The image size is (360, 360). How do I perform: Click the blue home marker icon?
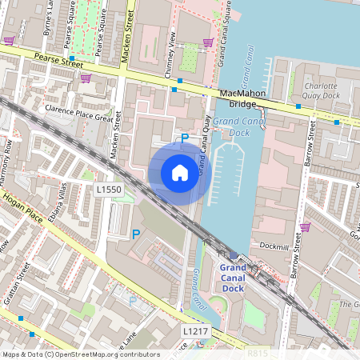[180, 172]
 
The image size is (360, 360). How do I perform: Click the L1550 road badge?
[108, 190]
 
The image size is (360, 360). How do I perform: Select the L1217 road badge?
[195, 330]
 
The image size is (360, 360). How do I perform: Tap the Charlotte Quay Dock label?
[322, 89]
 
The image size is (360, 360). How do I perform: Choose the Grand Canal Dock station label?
[233, 277]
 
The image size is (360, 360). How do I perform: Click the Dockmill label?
[271, 246]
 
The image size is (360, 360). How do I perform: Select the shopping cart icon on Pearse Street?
[86, 78]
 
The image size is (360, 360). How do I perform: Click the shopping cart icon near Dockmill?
[304, 227]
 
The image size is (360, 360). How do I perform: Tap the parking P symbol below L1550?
[135, 234]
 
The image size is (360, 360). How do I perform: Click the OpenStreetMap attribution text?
[80, 354]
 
